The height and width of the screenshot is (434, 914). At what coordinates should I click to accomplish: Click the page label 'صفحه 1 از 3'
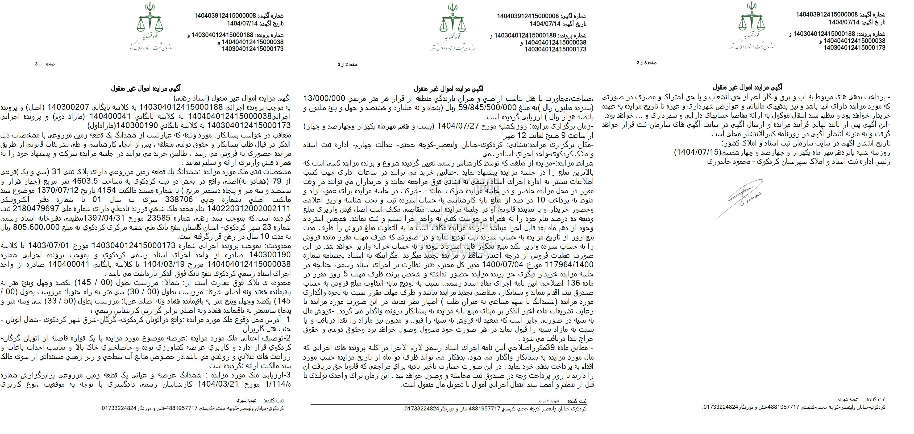pyautogui.click(x=45, y=64)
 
